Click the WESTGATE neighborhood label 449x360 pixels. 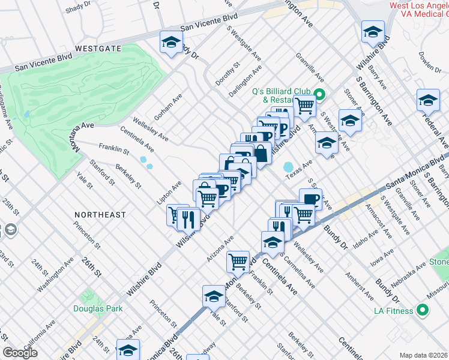point(98,47)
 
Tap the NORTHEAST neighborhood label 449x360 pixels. point(100,214)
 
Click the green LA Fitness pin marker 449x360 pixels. point(423,310)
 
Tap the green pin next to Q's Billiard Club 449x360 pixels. point(320,95)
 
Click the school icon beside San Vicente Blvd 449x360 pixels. point(171,43)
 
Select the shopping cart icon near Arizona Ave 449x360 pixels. point(238,261)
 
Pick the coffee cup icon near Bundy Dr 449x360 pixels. point(310,199)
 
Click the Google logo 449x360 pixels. point(20,352)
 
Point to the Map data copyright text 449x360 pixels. point(424,355)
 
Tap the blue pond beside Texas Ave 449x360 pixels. point(288,166)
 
